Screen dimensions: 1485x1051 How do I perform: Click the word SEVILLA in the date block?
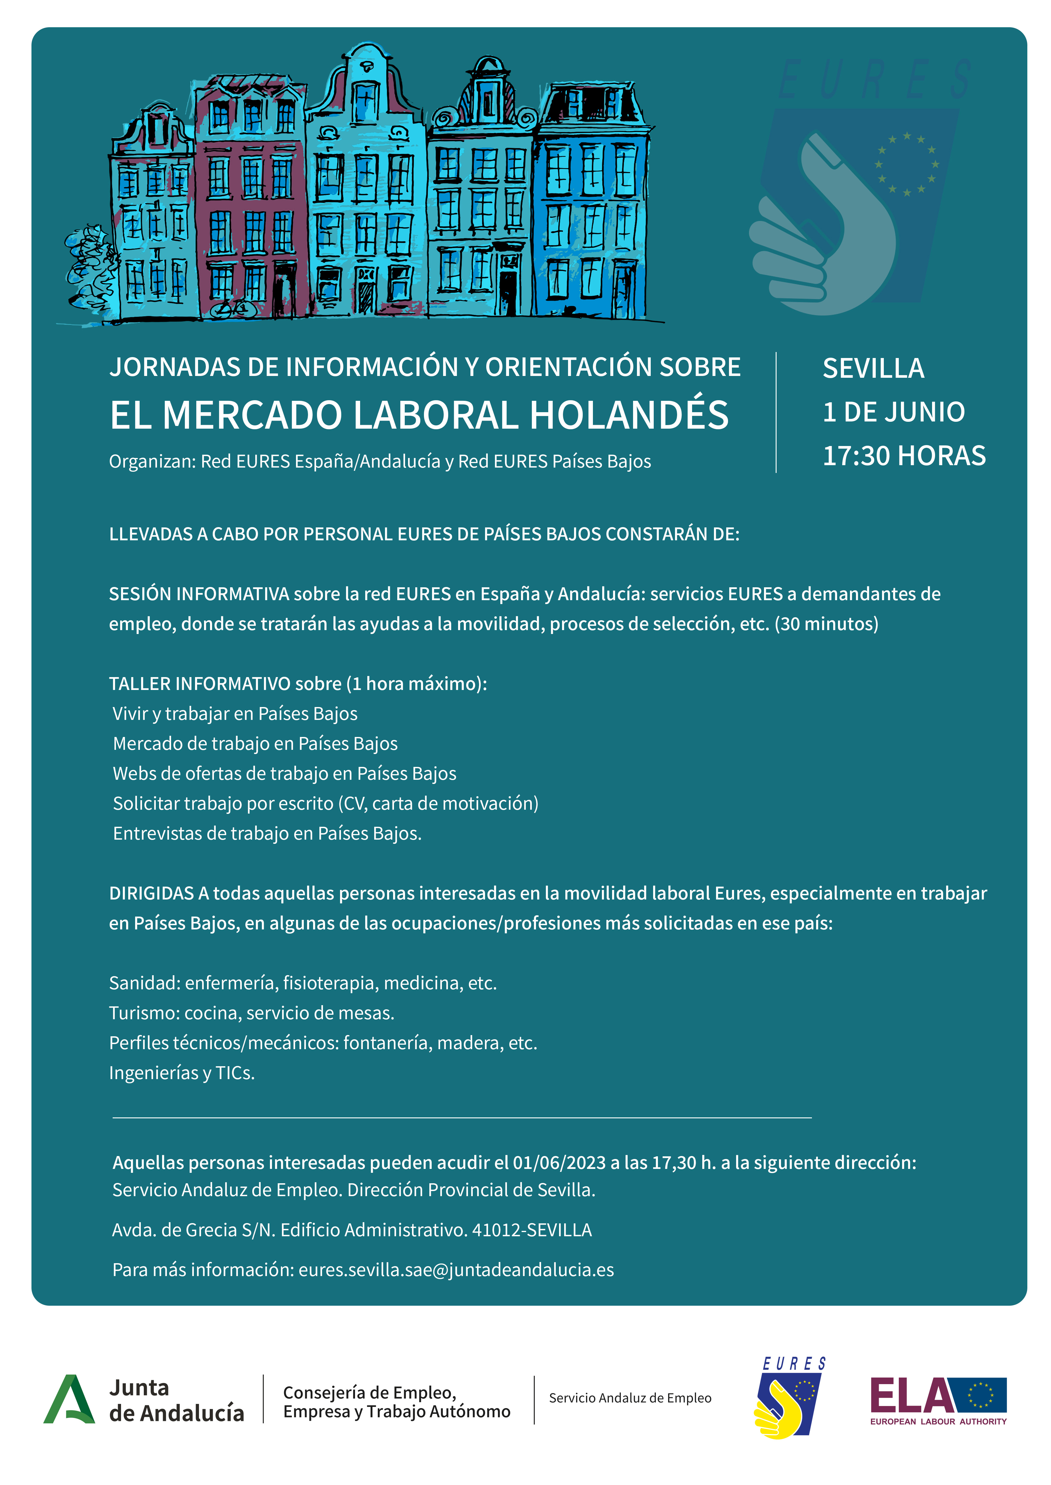(873, 369)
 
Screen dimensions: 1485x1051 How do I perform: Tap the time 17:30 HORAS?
(903, 456)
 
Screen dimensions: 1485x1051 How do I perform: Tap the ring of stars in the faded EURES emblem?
(906, 164)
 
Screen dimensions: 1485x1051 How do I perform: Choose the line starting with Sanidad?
(302, 983)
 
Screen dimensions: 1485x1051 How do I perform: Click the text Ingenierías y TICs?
(182, 1073)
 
